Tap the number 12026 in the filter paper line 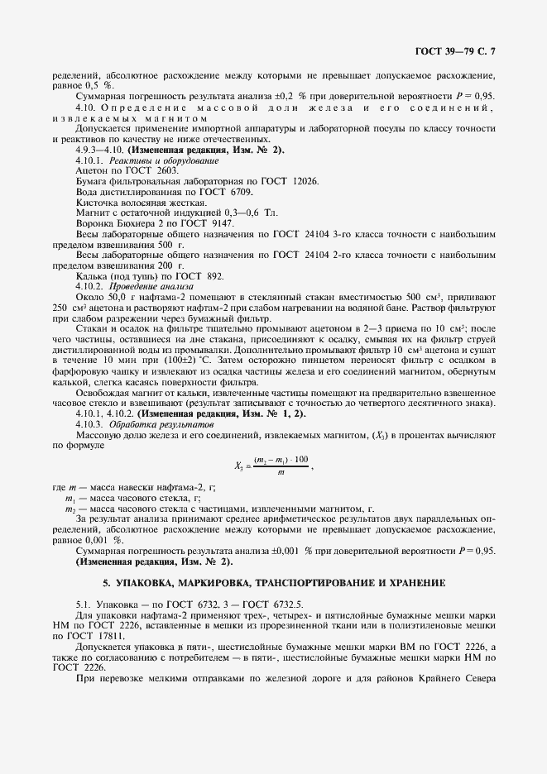301,179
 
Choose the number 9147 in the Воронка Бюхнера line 219,223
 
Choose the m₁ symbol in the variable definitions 69,499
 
